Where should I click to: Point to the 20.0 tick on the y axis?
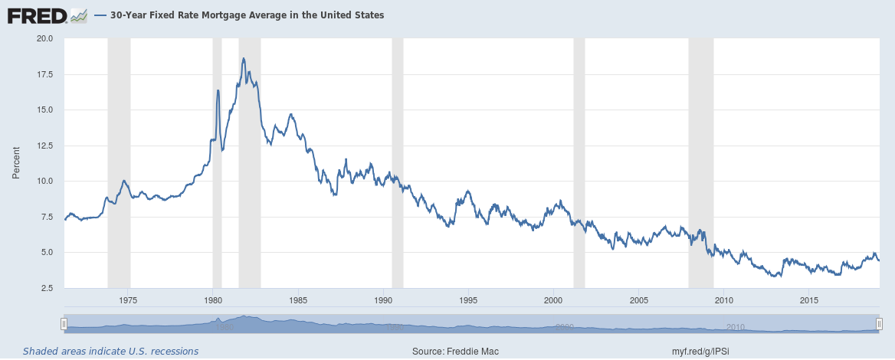coord(44,38)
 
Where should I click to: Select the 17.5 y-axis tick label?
coord(44,74)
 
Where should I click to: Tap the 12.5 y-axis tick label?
coord(44,146)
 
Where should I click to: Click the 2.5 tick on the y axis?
coord(46,289)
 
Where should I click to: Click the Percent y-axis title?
coord(16,163)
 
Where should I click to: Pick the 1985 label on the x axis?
coord(298,299)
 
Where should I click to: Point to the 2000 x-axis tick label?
coord(554,299)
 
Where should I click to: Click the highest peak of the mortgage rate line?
coord(243,58)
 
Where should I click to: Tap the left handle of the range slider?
coord(64,325)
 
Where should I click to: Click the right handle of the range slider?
coord(879,325)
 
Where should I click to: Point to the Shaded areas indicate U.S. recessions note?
coord(110,352)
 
